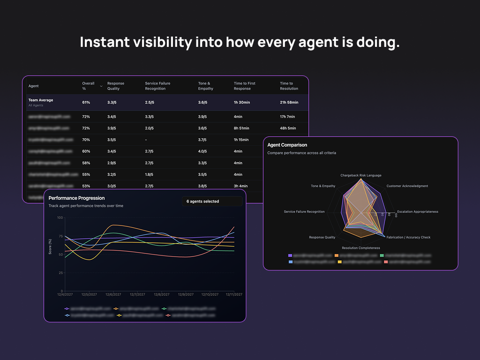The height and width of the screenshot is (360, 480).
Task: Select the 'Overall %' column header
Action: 88,86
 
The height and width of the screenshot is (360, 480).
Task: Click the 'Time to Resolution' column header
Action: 289,86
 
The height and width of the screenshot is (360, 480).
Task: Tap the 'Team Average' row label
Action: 41,100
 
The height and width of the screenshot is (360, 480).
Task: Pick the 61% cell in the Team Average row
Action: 86,102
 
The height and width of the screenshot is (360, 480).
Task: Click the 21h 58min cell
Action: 289,102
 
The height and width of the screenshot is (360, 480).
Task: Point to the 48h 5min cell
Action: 288,128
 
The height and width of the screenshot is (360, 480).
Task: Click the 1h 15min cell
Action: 241,140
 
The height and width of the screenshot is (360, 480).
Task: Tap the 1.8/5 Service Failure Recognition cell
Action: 149,174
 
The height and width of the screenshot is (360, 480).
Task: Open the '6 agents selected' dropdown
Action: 212,201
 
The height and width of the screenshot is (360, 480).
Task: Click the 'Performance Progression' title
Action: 76,198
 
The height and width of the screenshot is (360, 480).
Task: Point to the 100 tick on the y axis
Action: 60,217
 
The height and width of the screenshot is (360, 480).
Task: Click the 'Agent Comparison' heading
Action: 287,145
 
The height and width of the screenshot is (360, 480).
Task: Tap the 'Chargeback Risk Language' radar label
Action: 360,175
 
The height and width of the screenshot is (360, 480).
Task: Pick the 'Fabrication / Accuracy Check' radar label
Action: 408,237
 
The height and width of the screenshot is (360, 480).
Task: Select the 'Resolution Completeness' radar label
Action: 360,248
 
